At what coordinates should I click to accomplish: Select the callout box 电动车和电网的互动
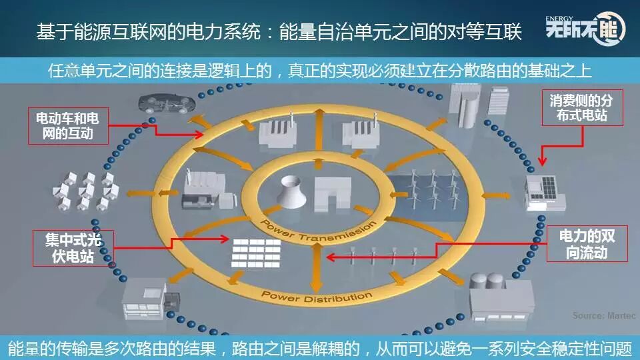[x=66, y=127]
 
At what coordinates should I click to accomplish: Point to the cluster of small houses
[x=86, y=190]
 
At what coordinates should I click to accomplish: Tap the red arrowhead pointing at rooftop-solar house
[x=541, y=161]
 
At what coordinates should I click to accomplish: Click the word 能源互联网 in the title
[x=116, y=31]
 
